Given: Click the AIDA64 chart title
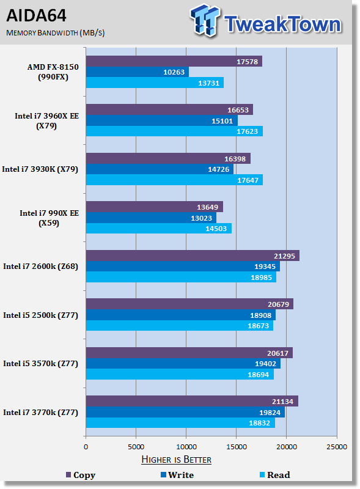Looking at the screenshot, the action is coord(36,15).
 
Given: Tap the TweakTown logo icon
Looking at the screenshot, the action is coord(204,20).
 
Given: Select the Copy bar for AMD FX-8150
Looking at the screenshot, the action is coord(174,61).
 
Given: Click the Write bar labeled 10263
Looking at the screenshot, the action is coord(138,72).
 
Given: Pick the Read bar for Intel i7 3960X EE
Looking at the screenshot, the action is coord(174,131).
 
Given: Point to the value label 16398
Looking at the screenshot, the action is coord(235,159).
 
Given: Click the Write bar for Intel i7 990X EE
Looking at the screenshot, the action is coord(151,218).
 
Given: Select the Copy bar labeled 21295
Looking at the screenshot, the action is coord(193,256).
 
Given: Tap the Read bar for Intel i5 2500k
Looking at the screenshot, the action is coord(180,326).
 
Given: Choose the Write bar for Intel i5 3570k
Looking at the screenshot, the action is coord(183,364).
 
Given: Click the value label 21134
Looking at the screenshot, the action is coord(282,402).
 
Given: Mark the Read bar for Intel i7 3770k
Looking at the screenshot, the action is coord(181,423).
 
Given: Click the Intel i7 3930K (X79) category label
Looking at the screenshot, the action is coord(40,169).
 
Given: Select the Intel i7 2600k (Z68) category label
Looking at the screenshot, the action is coord(40,267).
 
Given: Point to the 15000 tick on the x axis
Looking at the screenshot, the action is coord(237,447).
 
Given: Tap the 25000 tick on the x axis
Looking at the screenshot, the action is coord(337,447).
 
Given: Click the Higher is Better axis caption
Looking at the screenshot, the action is coord(176,460).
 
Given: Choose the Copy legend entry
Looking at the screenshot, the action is coord(81,475).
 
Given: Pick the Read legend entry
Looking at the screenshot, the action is coord(275,475).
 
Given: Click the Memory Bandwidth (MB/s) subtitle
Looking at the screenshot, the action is coord(56,33).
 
